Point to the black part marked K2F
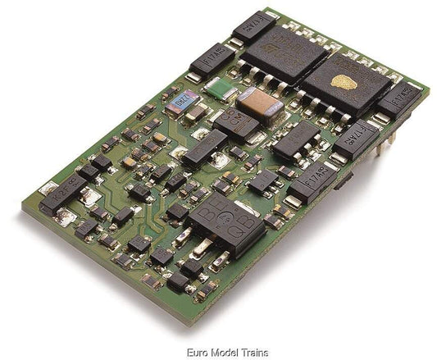click(66, 196)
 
